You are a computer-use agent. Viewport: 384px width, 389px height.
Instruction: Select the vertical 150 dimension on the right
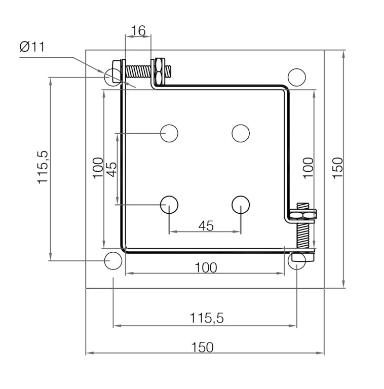click(338, 167)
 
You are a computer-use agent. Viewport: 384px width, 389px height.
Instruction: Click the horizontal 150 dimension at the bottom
click(203, 347)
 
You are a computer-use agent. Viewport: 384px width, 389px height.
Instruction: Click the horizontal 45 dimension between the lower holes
click(205, 225)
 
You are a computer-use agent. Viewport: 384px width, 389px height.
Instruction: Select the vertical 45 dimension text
click(111, 168)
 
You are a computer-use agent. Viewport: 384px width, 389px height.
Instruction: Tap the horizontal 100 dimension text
click(205, 267)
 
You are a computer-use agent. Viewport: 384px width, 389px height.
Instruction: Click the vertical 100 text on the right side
click(309, 167)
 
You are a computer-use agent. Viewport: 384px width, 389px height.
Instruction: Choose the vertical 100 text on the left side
click(98, 168)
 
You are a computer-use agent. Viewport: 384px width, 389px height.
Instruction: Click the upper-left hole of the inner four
click(169, 133)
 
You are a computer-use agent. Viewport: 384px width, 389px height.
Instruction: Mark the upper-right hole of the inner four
click(241, 133)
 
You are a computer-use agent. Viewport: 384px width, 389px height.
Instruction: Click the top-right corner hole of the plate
click(297, 77)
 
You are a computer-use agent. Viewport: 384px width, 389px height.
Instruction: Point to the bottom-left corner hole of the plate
click(112, 261)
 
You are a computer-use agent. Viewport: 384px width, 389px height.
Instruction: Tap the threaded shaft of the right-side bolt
click(302, 234)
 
